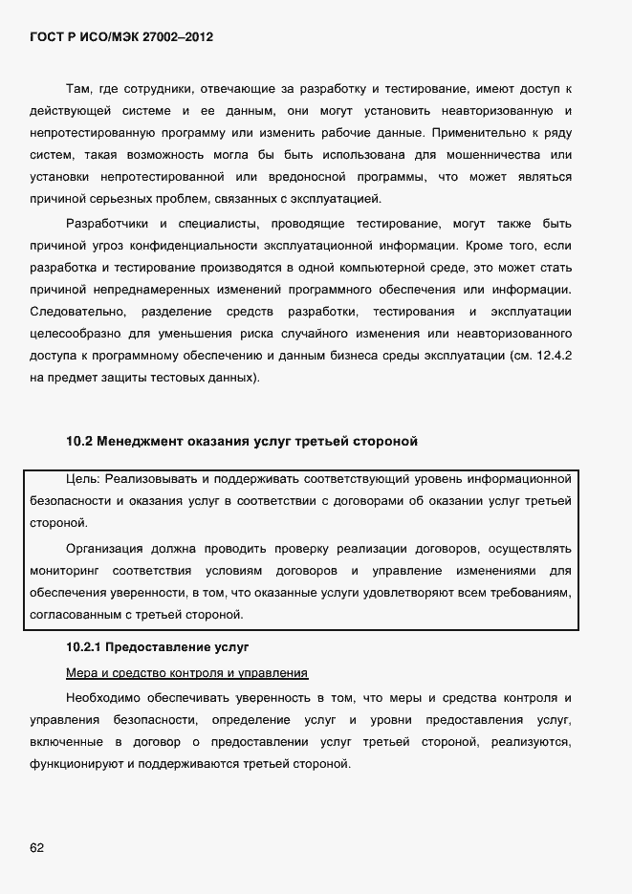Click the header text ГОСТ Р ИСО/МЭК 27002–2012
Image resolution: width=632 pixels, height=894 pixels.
tap(121, 37)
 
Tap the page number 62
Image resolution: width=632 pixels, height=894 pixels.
tap(37, 847)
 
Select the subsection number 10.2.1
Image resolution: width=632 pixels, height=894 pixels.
tap(85, 647)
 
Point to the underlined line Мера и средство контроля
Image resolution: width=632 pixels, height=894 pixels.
tap(185, 672)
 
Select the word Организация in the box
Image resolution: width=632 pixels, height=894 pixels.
tap(104, 548)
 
